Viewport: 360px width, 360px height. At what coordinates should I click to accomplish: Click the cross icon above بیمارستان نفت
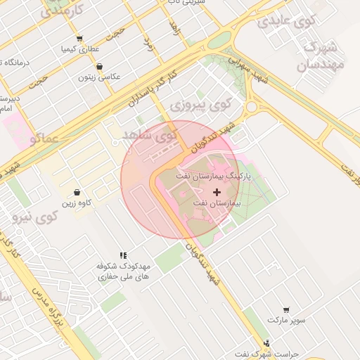pos(216,191)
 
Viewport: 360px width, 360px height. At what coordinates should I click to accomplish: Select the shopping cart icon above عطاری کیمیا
pos(79,39)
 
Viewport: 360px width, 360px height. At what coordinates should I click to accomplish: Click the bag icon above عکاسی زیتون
pos(100,66)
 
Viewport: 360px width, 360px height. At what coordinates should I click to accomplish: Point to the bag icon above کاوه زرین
pos(77,192)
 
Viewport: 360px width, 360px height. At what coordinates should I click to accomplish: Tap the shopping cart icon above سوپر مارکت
pos(286,309)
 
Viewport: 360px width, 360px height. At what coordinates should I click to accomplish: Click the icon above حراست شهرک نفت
pos(266,343)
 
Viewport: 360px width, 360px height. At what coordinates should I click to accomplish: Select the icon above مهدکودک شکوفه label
pos(123,256)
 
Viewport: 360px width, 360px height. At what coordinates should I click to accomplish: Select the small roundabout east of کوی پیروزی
pos(251,107)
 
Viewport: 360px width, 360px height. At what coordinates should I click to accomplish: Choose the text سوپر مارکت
pos(286,320)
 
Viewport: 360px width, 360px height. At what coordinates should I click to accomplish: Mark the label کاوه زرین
pos(77,203)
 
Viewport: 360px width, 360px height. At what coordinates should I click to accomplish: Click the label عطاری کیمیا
pos(80,49)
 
